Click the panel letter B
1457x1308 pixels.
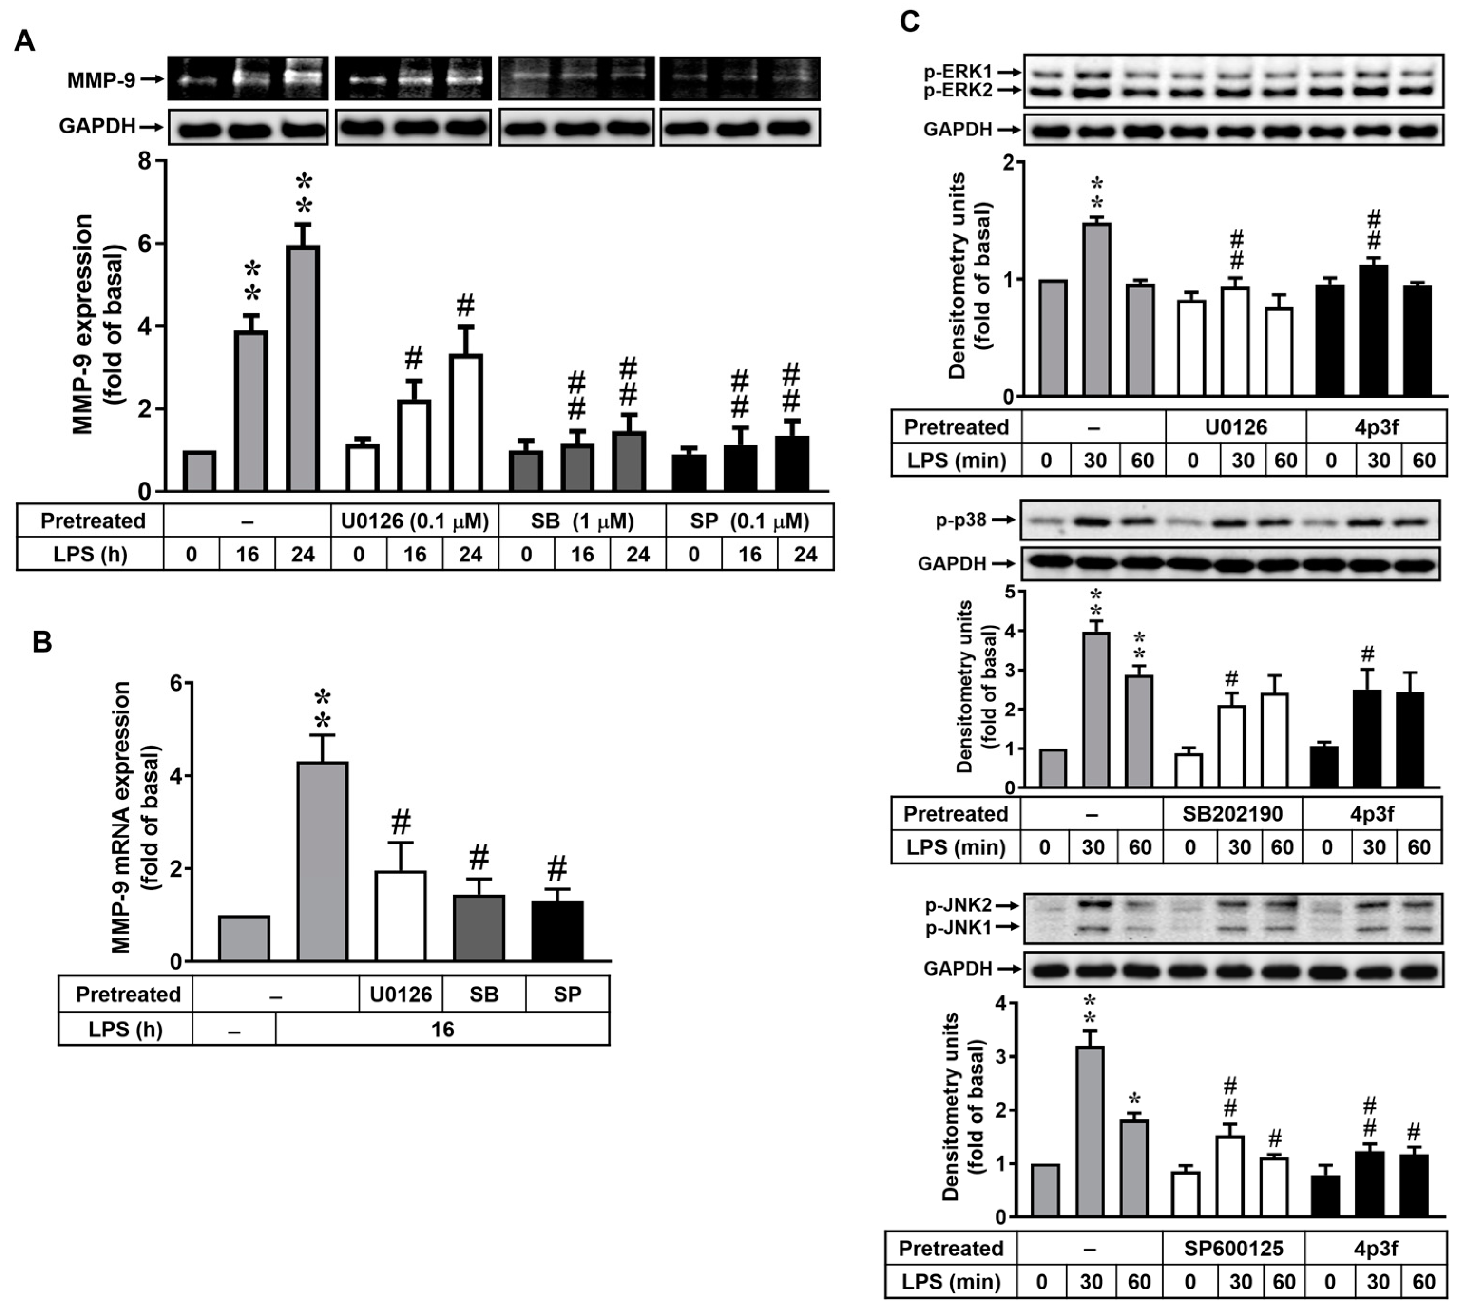tap(42, 642)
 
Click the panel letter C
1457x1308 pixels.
tap(909, 21)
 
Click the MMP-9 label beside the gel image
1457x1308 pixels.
tap(101, 80)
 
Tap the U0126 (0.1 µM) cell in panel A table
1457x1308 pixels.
tap(414, 521)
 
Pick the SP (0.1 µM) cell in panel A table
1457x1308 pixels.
tap(749, 521)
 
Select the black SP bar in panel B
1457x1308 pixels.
tap(557, 931)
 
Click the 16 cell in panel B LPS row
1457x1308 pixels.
tap(442, 1029)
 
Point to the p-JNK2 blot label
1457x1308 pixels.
tap(958, 906)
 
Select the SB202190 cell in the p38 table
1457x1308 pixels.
tap(1233, 814)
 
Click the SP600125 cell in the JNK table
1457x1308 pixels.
tap(1233, 1248)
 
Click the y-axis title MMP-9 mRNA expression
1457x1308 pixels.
tap(122, 817)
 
